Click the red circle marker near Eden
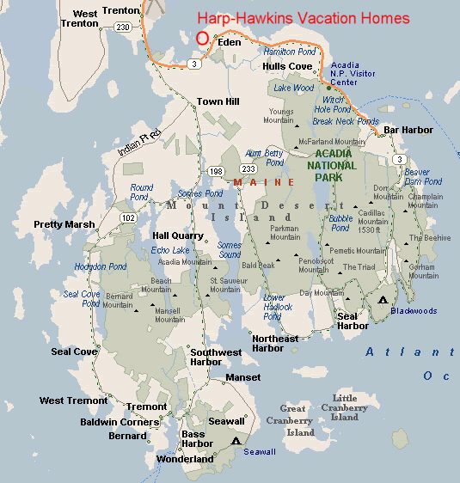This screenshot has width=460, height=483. coord(203,38)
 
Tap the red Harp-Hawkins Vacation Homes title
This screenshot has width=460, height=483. coord(304,18)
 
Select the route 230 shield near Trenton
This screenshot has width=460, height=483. coord(123,28)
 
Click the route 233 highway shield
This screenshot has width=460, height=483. coord(248,168)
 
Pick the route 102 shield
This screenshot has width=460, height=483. coord(128,217)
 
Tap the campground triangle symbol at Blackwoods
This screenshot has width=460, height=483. coord(382,299)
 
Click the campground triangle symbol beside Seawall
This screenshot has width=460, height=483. coord(236,440)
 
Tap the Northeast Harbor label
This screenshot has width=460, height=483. coord(275,343)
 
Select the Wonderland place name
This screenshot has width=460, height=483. coord(185,459)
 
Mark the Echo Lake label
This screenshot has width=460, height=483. coord(170,250)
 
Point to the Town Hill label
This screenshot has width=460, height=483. coord(218,101)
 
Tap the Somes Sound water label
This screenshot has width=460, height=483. coord(230,249)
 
